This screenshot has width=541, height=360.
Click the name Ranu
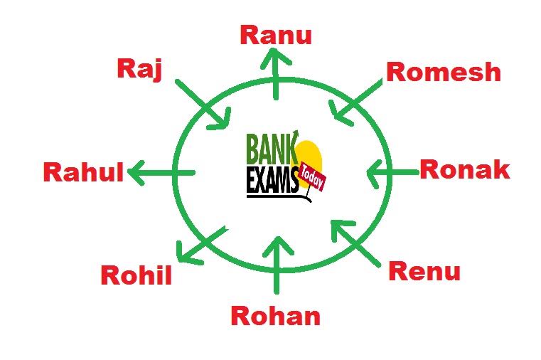[x=276, y=35]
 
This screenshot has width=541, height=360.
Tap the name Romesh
[x=443, y=72]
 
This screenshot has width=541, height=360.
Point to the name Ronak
[x=464, y=169]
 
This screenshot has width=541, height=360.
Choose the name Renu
[x=424, y=271]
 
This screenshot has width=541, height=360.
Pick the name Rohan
[x=275, y=316]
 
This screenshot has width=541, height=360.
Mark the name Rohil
[x=136, y=275]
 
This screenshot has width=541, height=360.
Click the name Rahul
[x=84, y=172]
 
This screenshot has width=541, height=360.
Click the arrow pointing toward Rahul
[x=161, y=172]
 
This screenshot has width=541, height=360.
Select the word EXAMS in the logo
[x=272, y=182]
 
